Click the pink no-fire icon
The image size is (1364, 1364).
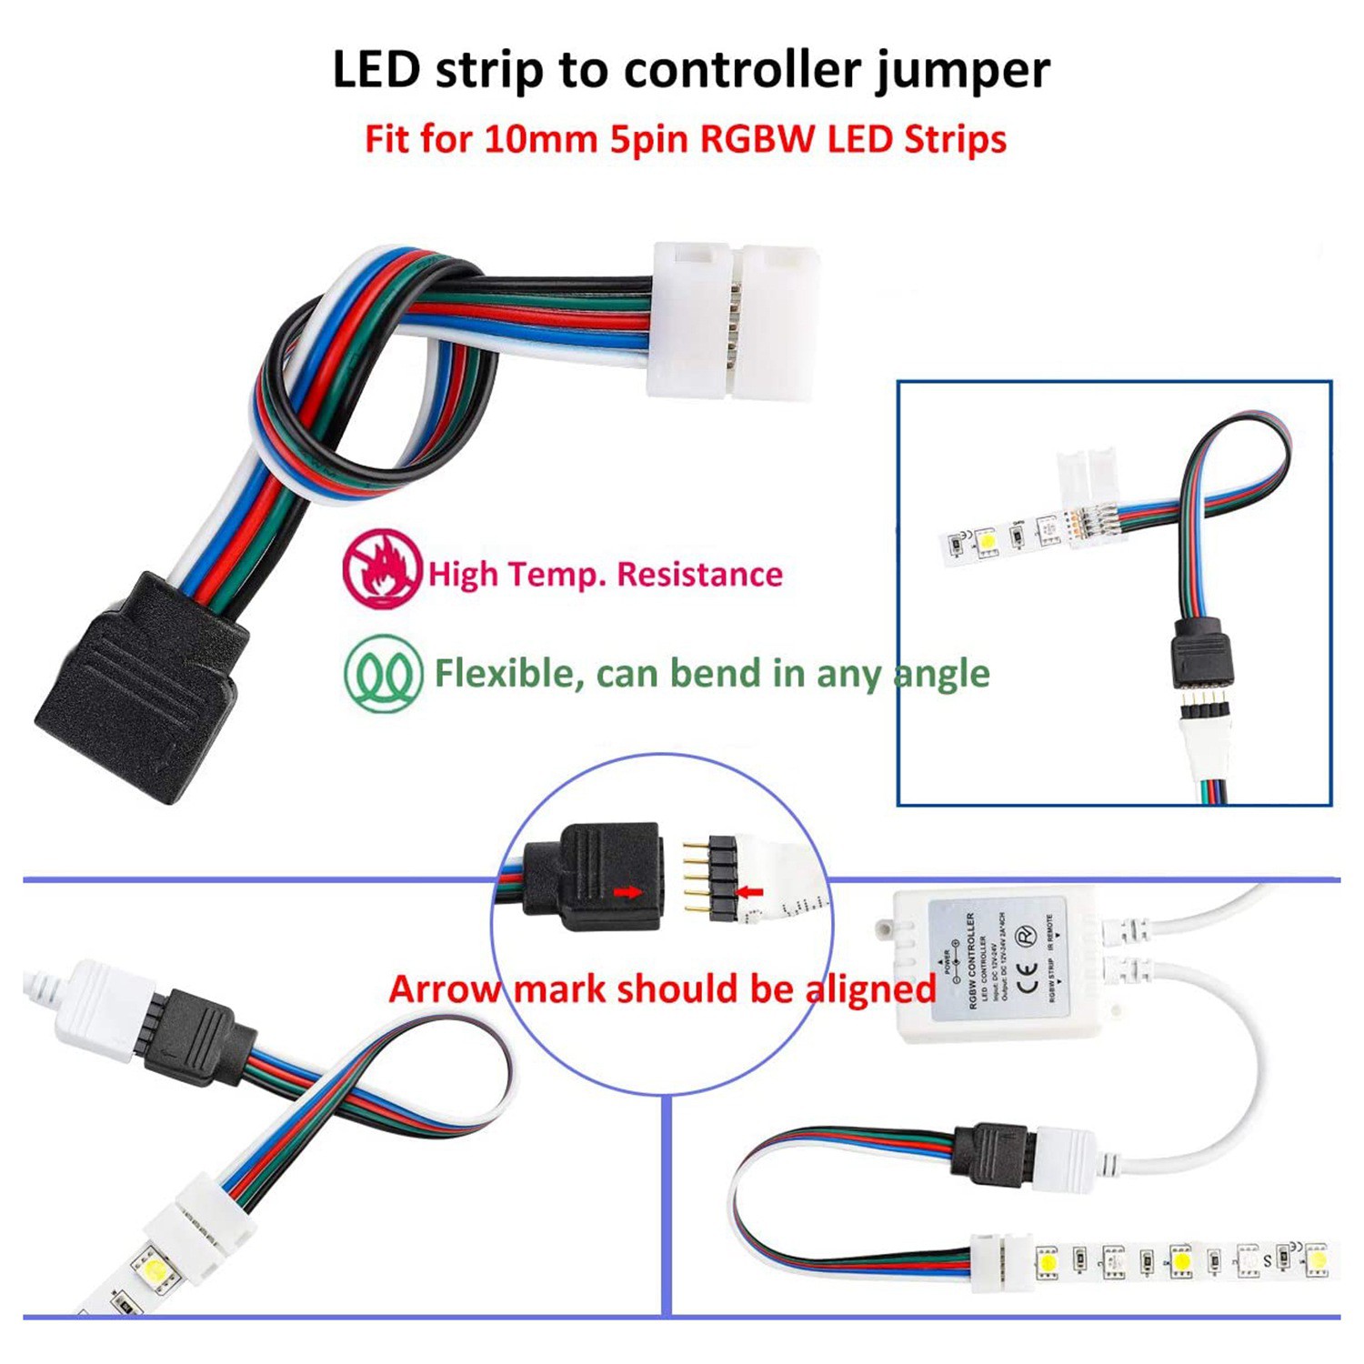[x=382, y=568]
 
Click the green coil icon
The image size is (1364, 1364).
[x=383, y=674]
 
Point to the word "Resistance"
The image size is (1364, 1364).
[x=699, y=575]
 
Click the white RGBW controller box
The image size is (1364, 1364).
[x=996, y=964]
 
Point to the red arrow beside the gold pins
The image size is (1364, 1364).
[x=750, y=892]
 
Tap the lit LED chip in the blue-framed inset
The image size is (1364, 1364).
[x=987, y=542]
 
